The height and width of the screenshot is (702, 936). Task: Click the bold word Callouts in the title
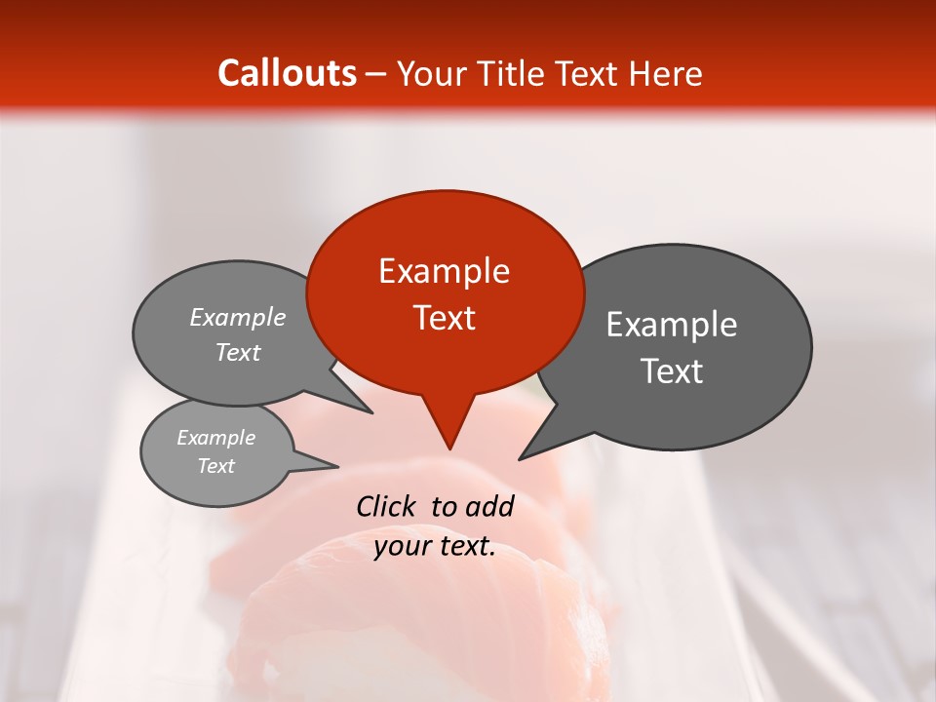click(287, 73)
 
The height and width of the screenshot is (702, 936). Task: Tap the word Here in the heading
click(667, 73)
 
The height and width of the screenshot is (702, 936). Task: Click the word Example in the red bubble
click(444, 271)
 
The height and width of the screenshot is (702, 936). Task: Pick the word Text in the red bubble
click(444, 318)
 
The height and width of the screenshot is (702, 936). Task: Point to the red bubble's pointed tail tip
click(449, 448)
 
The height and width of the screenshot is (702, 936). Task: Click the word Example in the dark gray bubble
click(671, 325)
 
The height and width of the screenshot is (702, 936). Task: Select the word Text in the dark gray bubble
click(672, 371)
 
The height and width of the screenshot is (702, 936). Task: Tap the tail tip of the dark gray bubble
click(520, 459)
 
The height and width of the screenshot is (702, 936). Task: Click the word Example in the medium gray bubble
click(237, 318)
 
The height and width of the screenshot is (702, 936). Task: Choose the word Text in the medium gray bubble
click(237, 353)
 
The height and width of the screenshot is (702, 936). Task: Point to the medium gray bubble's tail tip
click(371, 413)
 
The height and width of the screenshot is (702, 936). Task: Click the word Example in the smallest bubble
click(215, 438)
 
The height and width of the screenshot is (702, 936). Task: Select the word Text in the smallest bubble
click(215, 466)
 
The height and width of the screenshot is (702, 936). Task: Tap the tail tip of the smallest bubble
click(337, 466)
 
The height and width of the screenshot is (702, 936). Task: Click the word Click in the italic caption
click(387, 506)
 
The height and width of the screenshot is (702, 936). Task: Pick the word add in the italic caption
click(489, 506)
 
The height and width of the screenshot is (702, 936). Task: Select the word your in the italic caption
click(400, 547)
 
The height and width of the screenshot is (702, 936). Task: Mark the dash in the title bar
click(376, 74)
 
